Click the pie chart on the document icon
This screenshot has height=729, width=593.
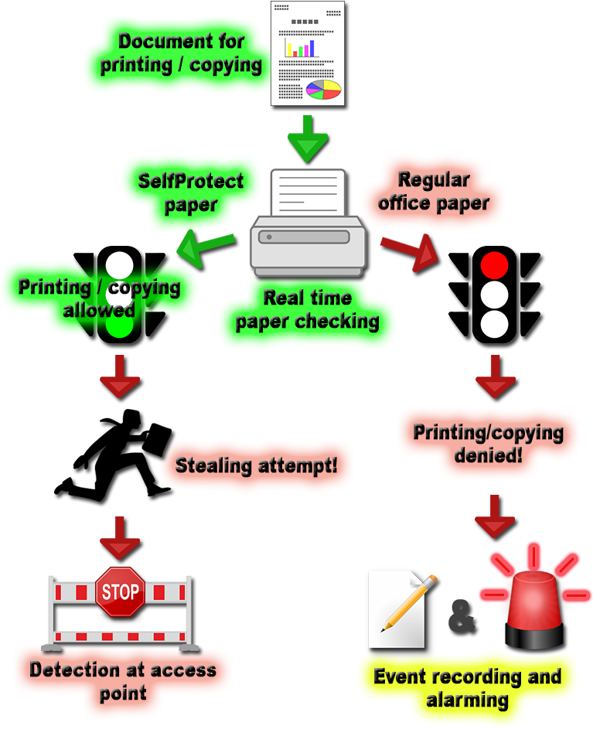[x=323, y=90]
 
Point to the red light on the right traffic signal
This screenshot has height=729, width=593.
[x=494, y=265]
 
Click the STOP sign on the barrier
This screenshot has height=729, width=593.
[x=120, y=592]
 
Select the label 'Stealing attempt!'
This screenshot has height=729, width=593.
[x=256, y=465]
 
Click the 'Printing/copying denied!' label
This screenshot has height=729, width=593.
[x=487, y=443]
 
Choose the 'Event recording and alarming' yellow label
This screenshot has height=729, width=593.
[x=467, y=688]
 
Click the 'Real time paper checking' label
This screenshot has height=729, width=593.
[x=307, y=309]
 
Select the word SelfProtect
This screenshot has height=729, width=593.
[x=190, y=181]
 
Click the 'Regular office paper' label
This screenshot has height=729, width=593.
[x=433, y=191]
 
